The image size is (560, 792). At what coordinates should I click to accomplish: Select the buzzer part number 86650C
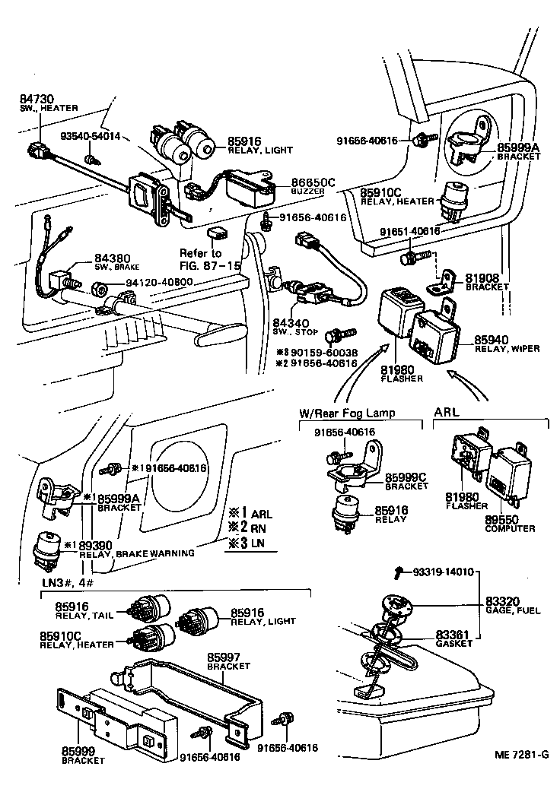coord(313,183)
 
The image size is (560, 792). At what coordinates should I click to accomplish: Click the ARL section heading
coord(447,412)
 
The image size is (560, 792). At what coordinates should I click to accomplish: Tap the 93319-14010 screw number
coord(443,571)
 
